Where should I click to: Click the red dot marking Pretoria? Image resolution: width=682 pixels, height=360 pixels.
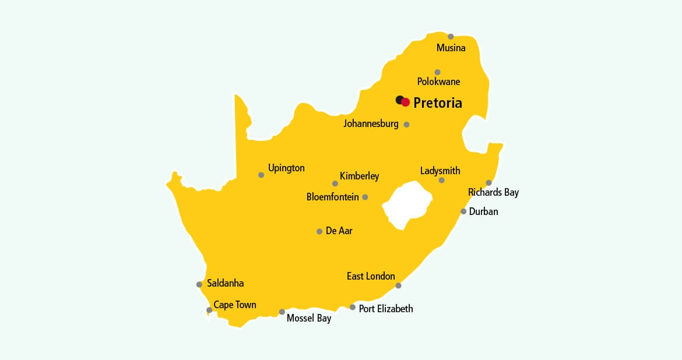(406, 102)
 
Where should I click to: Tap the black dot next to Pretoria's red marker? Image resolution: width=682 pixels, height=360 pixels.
(399, 100)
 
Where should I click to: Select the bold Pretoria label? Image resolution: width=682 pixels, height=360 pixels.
(438, 103)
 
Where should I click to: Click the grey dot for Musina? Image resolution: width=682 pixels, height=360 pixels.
(451, 37)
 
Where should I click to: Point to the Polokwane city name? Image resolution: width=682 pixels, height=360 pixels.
(438, 82)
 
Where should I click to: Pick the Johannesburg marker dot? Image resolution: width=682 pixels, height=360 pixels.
(406, 124)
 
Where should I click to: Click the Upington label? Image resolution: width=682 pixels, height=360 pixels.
(286, 168)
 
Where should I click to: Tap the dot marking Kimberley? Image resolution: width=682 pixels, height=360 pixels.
(335, 183)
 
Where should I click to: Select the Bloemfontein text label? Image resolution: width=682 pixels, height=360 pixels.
(332, 197)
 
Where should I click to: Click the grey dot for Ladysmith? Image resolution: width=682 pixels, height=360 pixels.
(441, 180)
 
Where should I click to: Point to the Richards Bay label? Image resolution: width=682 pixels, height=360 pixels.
(493, 192)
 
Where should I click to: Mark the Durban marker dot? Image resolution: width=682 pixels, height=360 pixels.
(463, 211)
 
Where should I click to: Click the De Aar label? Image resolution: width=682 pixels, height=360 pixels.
(339, 231)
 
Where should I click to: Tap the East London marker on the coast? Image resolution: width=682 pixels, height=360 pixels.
(398, 285)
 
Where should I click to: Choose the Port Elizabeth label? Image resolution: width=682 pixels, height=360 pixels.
(386, 309)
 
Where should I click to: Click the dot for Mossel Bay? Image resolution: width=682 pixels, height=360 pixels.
(282, 312)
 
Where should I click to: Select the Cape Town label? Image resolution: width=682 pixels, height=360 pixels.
(234, 305)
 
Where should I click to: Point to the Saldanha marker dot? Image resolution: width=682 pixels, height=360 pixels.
(199, 284)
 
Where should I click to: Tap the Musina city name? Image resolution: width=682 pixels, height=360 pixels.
(451, 48)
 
